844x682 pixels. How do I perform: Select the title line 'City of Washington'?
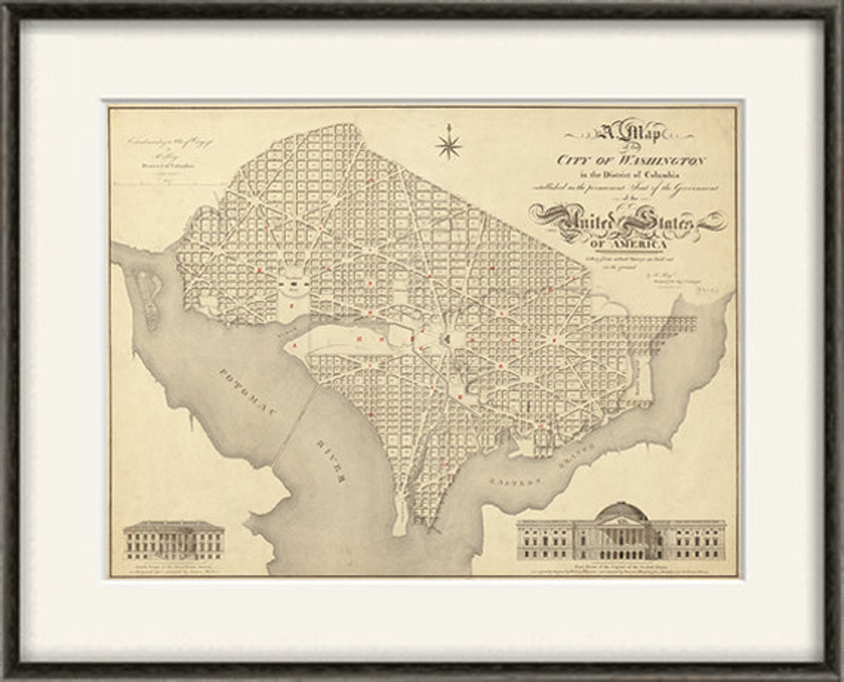point(631,160)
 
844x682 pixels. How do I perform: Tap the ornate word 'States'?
point(659,222)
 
